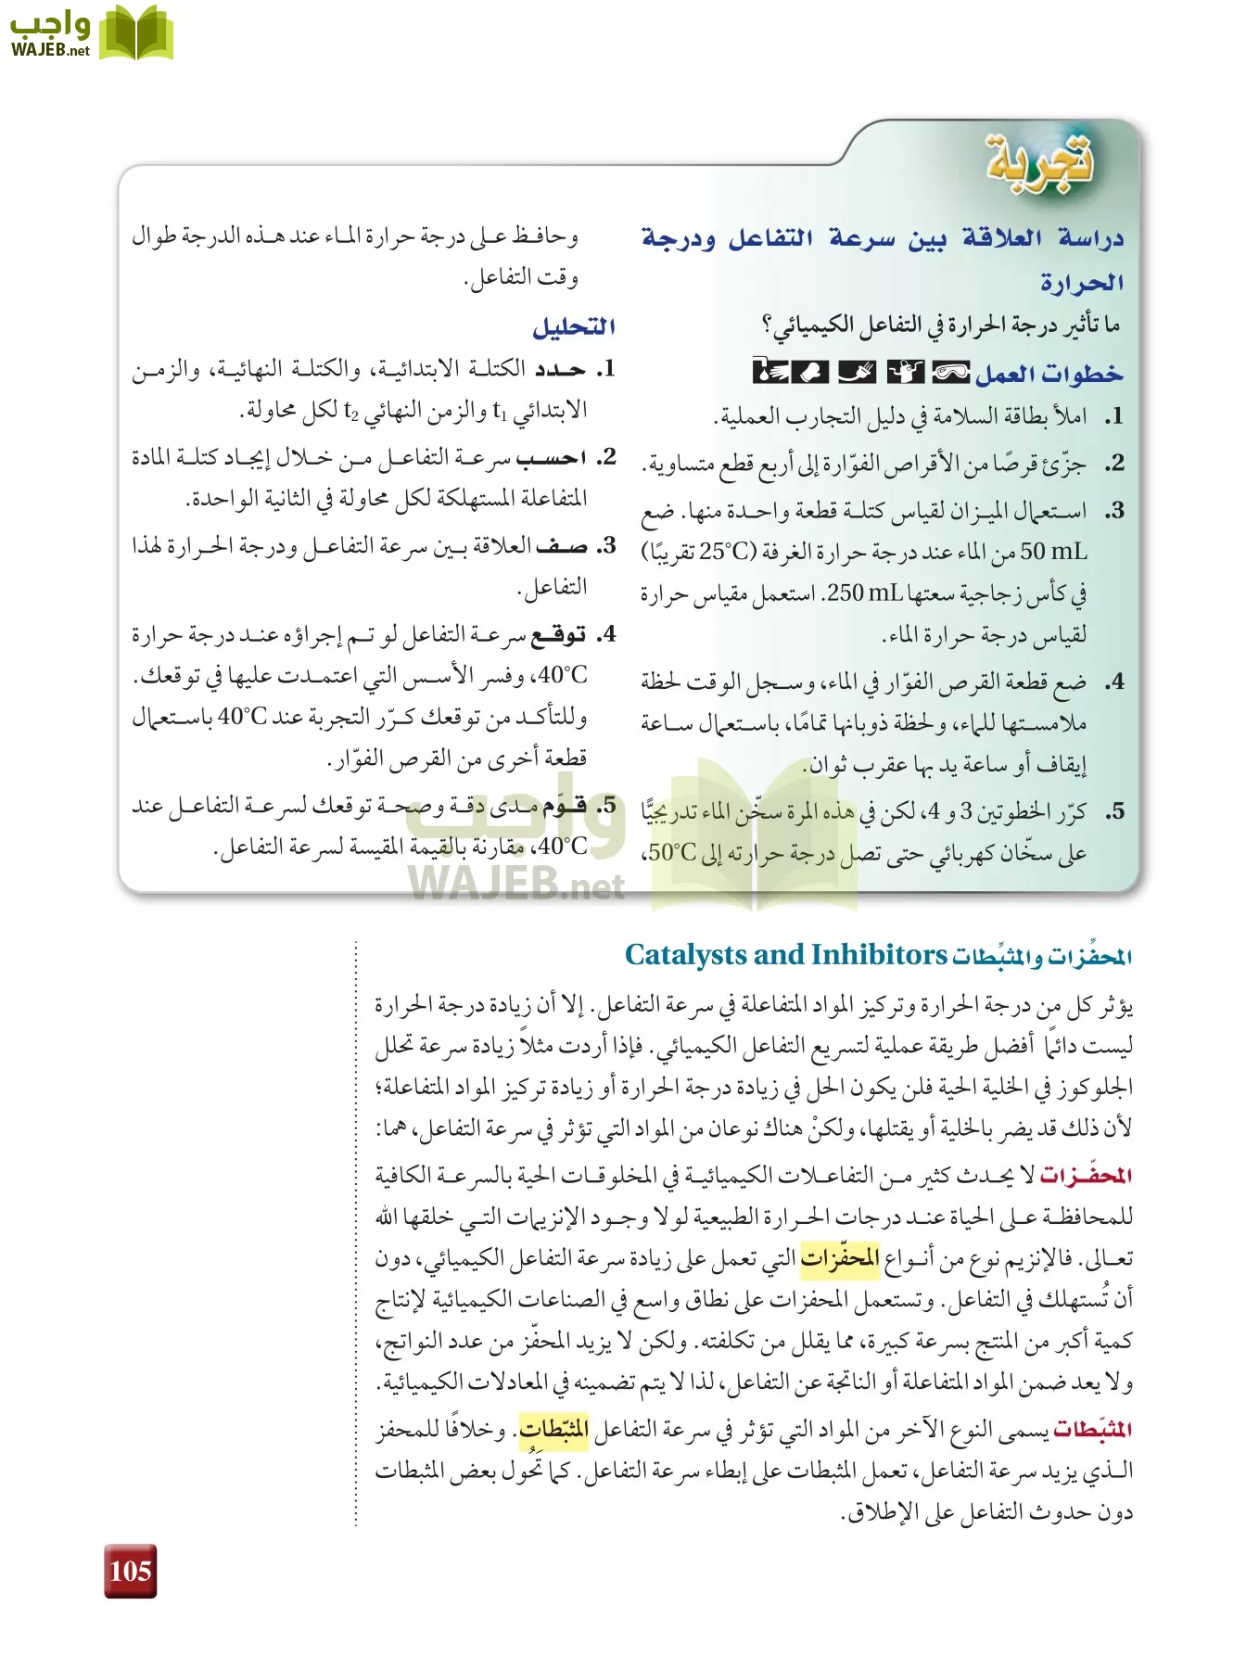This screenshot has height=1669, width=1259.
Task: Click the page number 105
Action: tap(130, 1571)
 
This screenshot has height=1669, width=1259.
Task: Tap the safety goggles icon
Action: tap(950, 372)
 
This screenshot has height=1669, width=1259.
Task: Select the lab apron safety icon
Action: tap(905, 372)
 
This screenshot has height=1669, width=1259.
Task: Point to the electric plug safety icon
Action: tap(857, 372)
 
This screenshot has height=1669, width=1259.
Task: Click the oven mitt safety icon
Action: tap(812, 372)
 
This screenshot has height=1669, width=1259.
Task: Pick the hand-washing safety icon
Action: tap(769, 372)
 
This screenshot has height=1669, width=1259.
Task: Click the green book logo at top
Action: tap(135, 33)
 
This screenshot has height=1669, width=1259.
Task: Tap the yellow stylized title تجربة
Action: tap(1039, 161)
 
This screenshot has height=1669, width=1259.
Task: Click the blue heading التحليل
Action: tap(574, 326)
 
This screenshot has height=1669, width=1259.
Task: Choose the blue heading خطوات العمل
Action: tap(1049, 374)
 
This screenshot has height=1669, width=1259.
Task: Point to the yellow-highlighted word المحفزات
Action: tap(840, 1258)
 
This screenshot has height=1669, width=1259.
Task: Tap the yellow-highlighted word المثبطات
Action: tap(553, 1429)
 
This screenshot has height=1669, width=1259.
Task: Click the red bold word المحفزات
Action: tap(1086, 1176)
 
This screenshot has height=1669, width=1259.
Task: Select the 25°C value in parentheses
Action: tap(728, 552)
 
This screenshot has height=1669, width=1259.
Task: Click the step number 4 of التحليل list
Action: tap(606, 635)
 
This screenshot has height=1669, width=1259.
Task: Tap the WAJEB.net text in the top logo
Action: tap(50, 51)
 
